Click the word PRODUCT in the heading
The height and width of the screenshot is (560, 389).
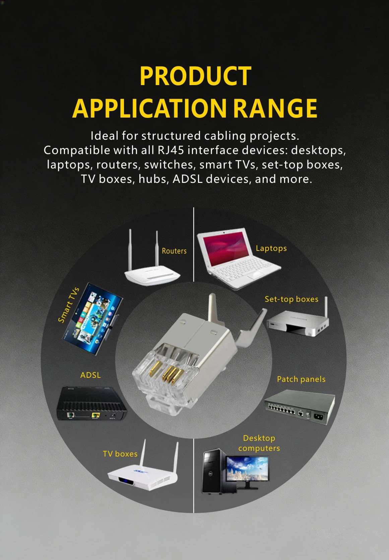pyautogui.click(x=195, y=76)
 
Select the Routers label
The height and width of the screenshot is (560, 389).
pyautogui.click(x=174, y=251)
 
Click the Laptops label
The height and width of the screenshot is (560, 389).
pyautogui.click(x=271, y=248)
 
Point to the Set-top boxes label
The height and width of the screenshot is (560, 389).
pyautogui.click(x=291, y=299)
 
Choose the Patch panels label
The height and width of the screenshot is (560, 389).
pyautogui.click(x=301, y=379)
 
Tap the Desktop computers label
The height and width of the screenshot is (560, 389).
pyautogui.click(x=259, y=443)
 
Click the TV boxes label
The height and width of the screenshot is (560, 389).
pyautogui.click(x=120, y=454)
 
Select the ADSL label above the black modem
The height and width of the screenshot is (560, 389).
pyautogui.click(x=90, y=375)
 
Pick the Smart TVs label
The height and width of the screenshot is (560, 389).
pyautogui.click(x=69, y=305)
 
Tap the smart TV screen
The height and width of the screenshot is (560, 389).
pyautogui.click(x=92, y=319)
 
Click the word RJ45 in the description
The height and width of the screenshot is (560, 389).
pyautogui.click(x=171, y=150)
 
